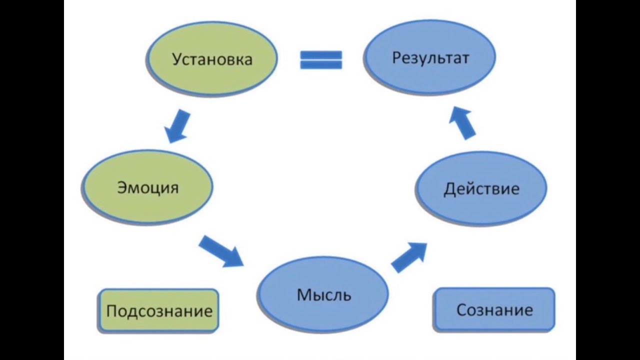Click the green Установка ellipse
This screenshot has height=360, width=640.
211,58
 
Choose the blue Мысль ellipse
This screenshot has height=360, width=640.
323,294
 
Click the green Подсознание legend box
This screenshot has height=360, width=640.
159,310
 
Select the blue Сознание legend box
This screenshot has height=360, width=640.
494,309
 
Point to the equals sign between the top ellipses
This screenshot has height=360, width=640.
321,59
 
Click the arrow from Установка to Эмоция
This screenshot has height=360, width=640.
177,126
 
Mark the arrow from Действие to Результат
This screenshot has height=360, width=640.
463,124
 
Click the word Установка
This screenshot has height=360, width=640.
211,59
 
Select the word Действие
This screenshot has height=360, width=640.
481,189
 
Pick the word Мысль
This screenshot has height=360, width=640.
323,294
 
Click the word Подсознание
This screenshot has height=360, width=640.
159,311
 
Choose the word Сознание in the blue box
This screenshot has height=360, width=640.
494,310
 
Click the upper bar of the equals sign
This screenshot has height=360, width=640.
321,54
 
